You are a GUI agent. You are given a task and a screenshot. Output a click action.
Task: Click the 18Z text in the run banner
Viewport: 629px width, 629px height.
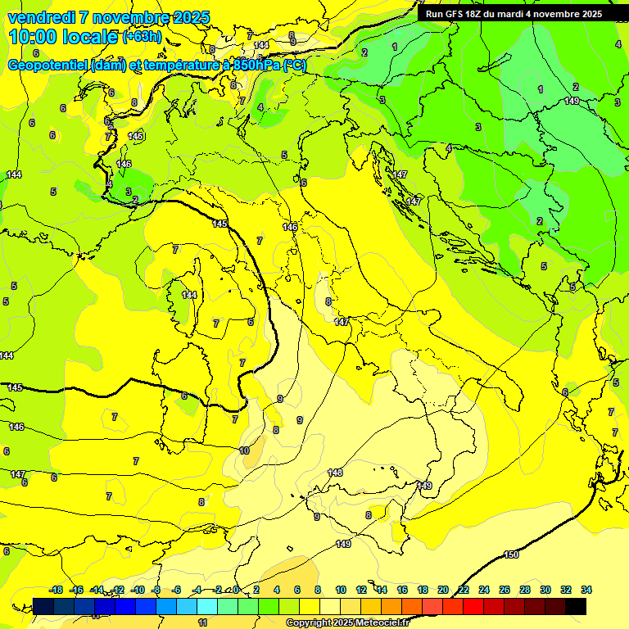[475, 13]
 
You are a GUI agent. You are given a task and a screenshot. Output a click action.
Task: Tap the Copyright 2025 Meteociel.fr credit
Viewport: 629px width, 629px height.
[347, 623]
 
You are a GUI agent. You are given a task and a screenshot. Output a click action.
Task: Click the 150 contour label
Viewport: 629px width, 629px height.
[511, 554]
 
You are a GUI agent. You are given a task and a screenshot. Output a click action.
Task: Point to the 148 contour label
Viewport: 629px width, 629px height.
[335, 473]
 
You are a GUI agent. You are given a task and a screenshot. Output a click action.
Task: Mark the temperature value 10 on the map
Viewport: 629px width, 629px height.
[244, 450]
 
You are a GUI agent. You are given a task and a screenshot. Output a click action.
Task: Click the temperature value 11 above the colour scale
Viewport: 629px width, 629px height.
[203, 622]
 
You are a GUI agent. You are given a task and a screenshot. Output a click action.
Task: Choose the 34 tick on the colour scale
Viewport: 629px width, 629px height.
[586, 590]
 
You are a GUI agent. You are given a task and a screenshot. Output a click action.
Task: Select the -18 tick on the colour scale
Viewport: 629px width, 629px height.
[57, 590]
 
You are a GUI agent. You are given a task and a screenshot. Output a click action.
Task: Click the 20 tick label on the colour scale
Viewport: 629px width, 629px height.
[443, 590]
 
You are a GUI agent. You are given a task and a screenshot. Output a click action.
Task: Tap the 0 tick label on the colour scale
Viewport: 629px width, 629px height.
[236, 590]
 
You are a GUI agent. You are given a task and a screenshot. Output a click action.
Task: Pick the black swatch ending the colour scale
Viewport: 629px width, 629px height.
[576, 606]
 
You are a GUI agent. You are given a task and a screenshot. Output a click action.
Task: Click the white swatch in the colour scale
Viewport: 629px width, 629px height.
[330, 606]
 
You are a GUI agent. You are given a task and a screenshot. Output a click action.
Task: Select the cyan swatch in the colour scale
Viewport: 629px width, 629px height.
[207, 606]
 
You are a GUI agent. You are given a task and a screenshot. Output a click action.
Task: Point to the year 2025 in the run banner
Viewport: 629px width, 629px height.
[588, 13]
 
